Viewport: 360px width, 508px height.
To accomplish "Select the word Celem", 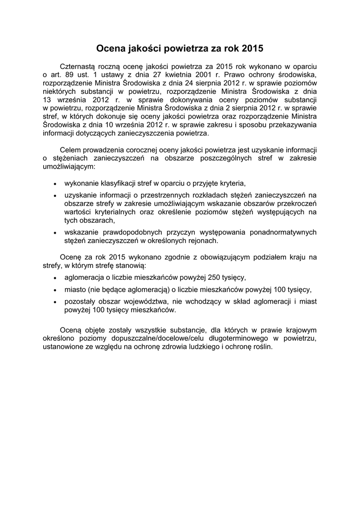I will pos(70,149).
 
